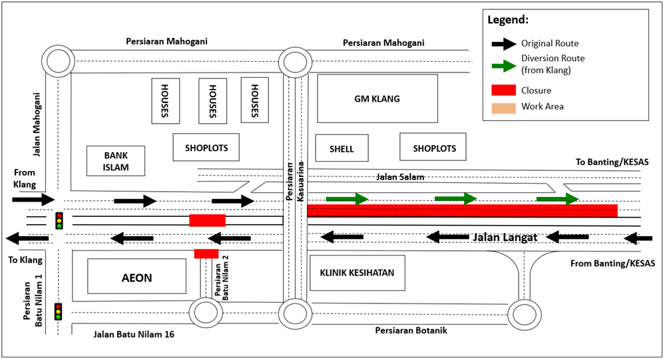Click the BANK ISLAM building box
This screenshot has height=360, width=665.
coord(116,161)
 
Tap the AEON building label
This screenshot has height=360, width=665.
coord(136,277)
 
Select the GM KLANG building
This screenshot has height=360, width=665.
coord(377,98)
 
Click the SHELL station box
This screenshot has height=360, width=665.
coord(341,148)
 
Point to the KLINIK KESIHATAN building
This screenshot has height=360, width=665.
coord(357,273)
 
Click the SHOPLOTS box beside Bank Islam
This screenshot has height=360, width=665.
coord(206,147)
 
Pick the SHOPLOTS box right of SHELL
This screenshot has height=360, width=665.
coord(433,147)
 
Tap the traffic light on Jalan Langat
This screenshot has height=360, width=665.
coord(59,220)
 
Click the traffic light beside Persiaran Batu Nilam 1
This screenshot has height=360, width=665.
coord(59,311)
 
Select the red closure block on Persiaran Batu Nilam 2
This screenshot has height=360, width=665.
coord(206,254)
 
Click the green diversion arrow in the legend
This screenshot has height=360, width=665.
coord(504,66)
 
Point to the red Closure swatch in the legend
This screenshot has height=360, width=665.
coord(504,90)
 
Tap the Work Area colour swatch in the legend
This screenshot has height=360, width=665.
coord(504,106)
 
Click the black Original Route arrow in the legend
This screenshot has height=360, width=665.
coord(504,44)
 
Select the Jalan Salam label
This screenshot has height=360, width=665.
coord(399,176)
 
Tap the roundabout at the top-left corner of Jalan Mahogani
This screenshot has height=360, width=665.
coord(57,62)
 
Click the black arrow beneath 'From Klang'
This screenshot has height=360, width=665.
coord(33,199)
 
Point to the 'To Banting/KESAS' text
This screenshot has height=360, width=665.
coord(612,162)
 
